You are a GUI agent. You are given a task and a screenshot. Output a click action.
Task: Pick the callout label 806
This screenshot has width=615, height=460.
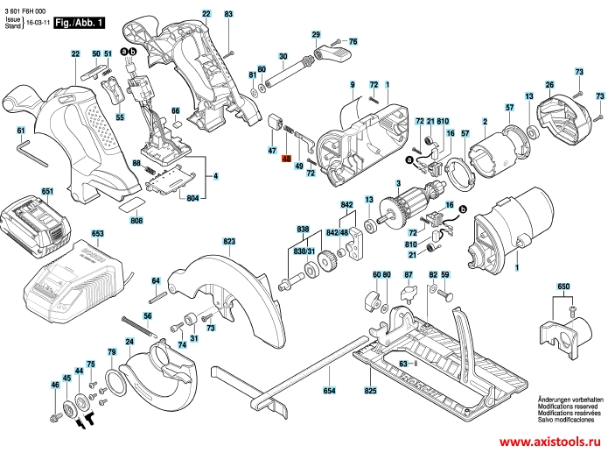coord(136,220)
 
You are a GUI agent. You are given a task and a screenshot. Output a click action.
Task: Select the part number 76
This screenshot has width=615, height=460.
coord(353,41)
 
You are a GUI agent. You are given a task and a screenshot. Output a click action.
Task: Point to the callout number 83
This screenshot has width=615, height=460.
coord(228,15)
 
